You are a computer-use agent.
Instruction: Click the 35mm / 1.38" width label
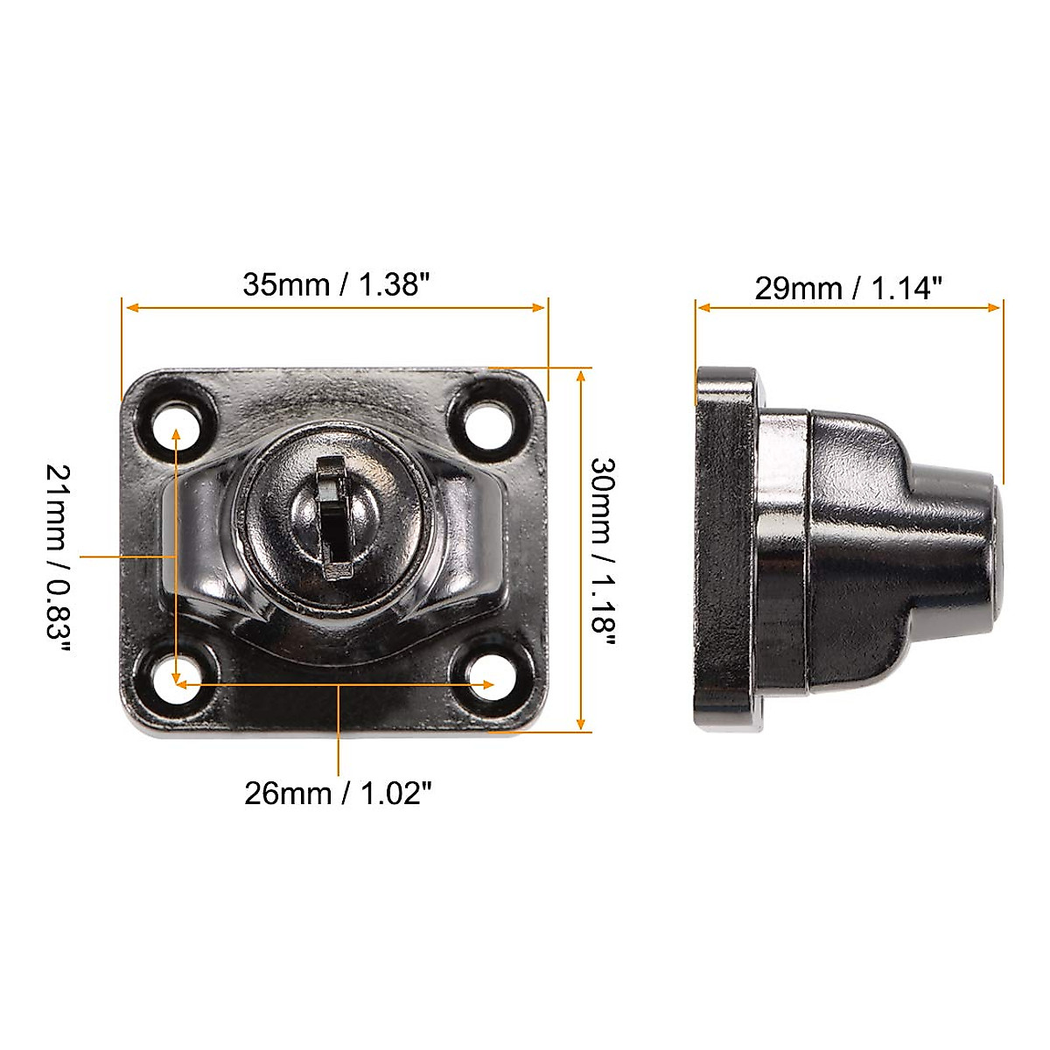pyautogui.click(x=336, y=284)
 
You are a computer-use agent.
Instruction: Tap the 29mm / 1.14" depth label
pyautogui.click(x=848, y=288)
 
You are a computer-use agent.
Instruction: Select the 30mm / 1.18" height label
pyautogui.click(x=603, y=551)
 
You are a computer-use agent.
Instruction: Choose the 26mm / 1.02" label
pyautogui.click(x=338, y=794)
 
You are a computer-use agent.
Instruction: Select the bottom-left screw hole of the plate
pyautogui.click(x=178, y=681)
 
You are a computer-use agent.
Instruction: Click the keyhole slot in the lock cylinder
pyautogui.click(x=333, y=516)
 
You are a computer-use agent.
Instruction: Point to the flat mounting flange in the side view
pyautogui.click(x=722, y=551)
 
